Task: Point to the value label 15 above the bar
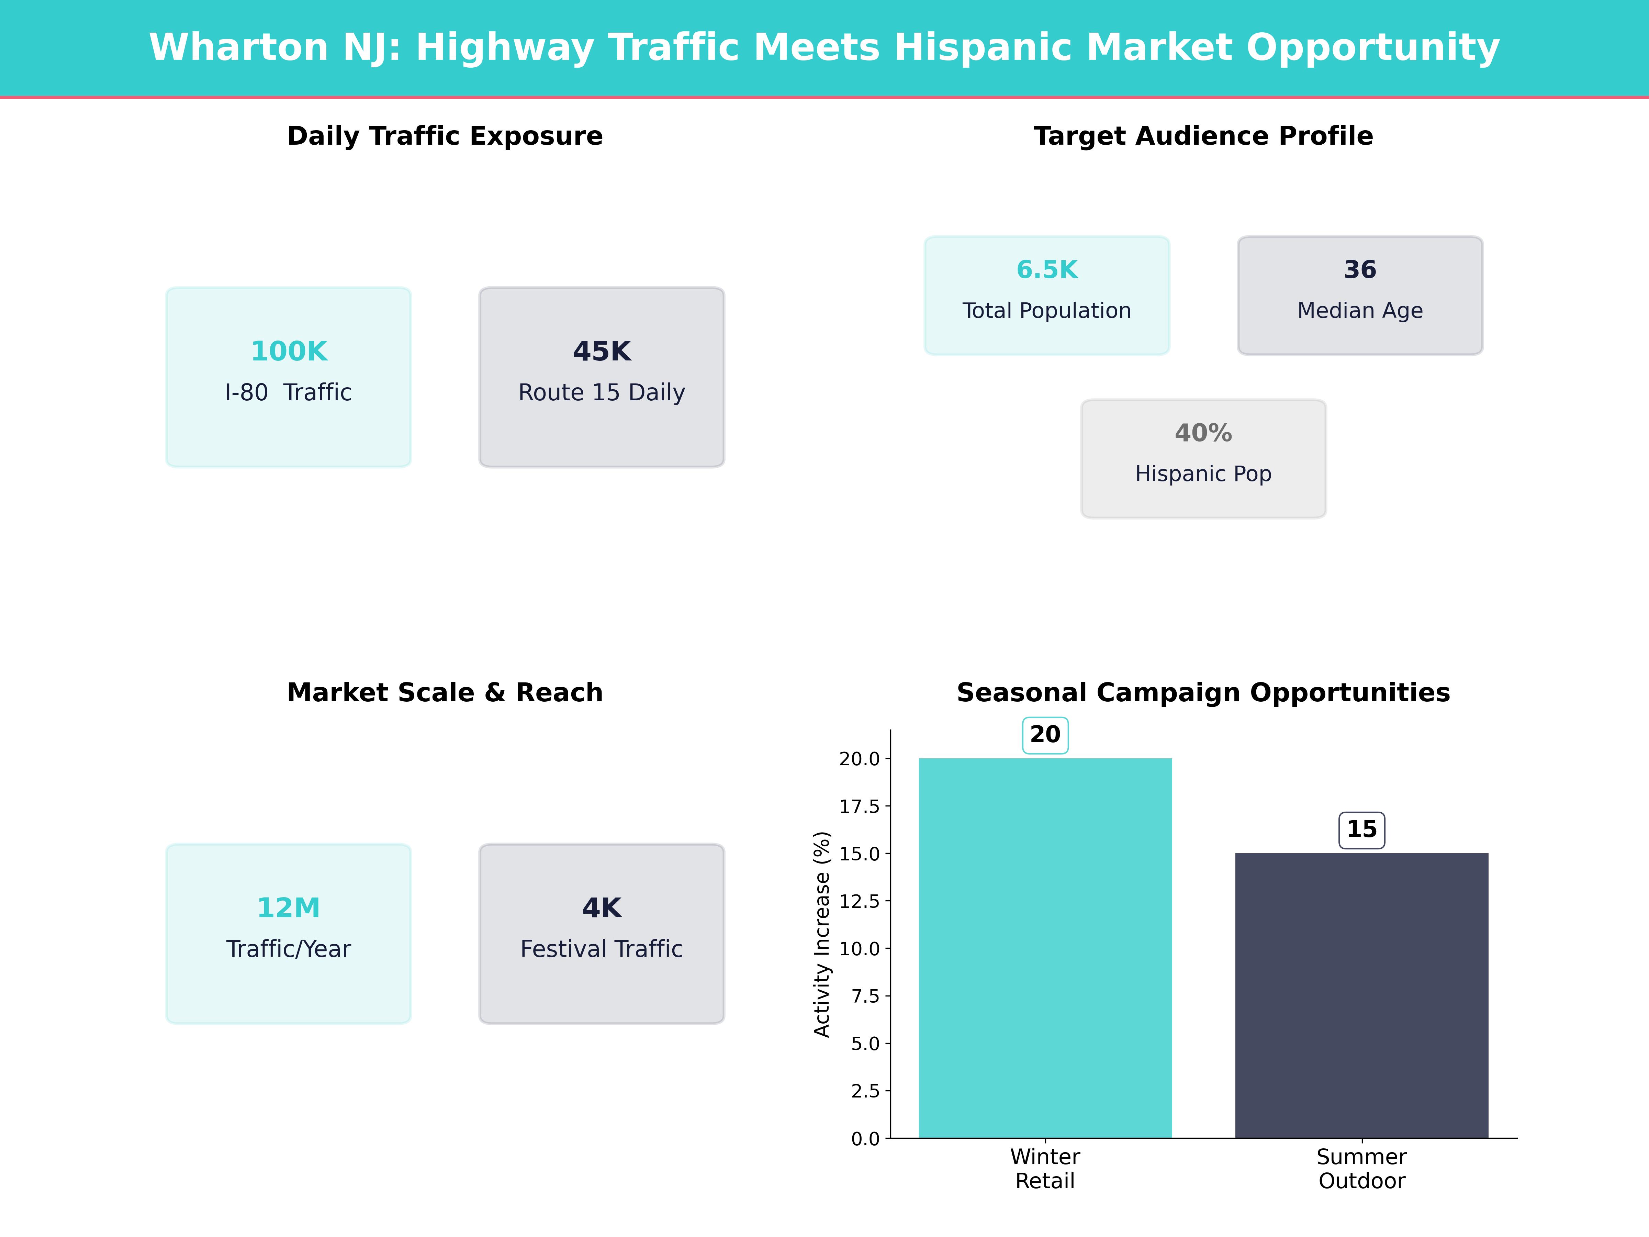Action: point(1361,829)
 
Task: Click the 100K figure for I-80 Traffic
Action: point(289,351)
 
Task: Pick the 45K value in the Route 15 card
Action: point(602,351)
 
